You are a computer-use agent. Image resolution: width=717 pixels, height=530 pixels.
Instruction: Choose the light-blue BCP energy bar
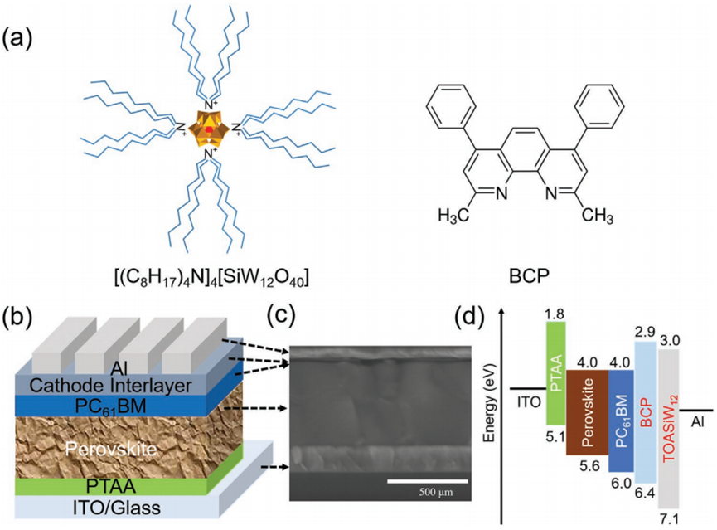[647, 411]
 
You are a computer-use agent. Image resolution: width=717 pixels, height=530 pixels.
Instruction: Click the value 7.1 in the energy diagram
[668, 519]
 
